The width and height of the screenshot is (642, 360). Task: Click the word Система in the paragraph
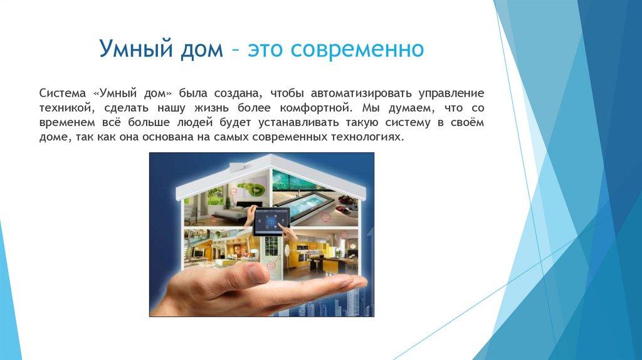click(63, 93)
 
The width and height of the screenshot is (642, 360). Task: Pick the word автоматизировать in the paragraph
click(361, 94)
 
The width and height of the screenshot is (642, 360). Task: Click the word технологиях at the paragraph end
click(367, 137)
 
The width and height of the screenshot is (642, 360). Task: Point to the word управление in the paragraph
click(451, 94)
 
